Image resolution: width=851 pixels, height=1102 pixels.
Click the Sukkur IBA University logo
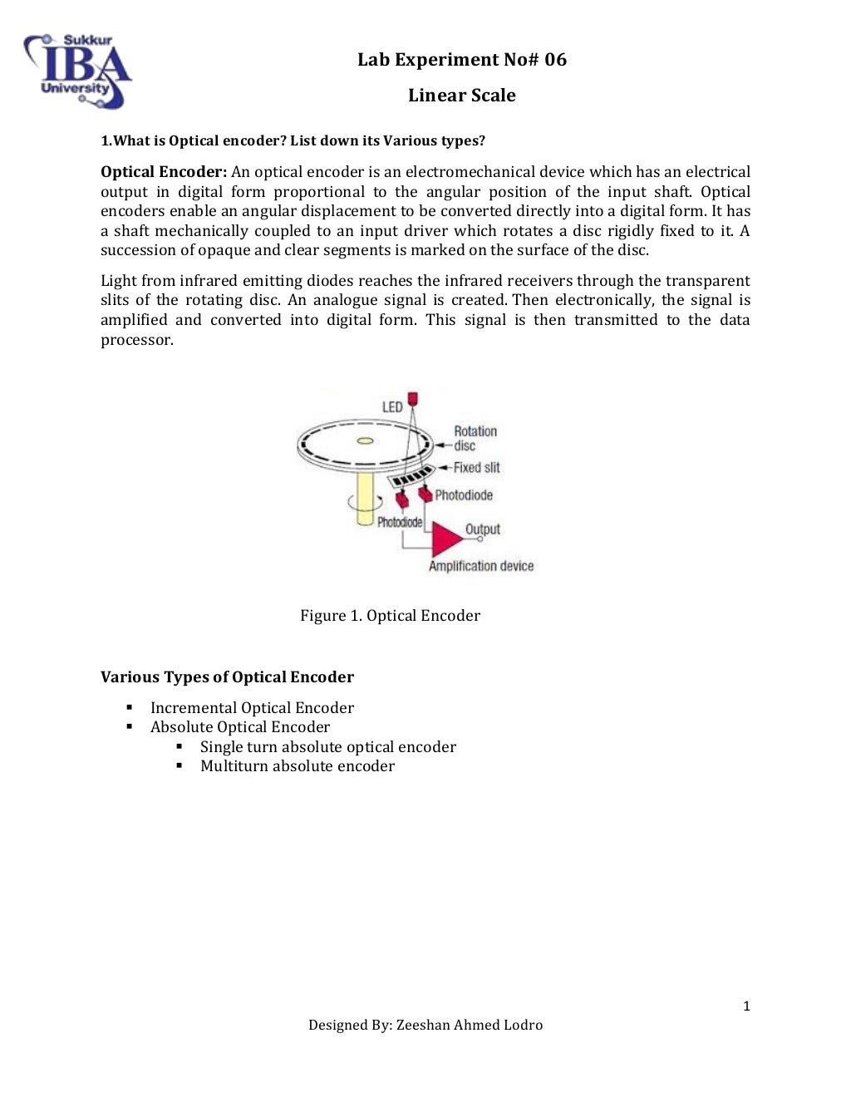pos(77,72)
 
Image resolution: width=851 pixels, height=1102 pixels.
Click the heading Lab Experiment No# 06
pos(461,60)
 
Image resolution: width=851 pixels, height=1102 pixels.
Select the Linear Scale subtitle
pos(461,96)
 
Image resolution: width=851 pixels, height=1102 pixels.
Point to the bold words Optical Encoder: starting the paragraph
pos(164,172)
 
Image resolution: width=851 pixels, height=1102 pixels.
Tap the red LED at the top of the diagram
pos(413,399)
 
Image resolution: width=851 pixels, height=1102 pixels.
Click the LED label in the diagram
pos(392,407)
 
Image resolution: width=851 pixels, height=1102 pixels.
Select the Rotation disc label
pos(475,438)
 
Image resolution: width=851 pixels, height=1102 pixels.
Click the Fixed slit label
pos(476,468)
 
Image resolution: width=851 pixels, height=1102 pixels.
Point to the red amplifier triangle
pos(445,539)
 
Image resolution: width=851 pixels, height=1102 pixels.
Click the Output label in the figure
pos(483,529)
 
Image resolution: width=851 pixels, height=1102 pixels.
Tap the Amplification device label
pos(481,566)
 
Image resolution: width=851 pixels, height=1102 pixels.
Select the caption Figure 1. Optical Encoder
pos(390,616)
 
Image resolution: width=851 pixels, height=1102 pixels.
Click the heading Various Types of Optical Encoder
pos(227,677)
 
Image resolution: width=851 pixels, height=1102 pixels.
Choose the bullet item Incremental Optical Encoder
pos(252,708)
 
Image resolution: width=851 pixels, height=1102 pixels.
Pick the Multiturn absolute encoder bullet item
pos(297,766)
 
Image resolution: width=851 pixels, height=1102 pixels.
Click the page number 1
pos(746,1006)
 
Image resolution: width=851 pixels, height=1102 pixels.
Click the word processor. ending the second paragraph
pos(137,340)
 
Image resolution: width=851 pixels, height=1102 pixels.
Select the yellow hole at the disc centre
pos(365,440)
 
